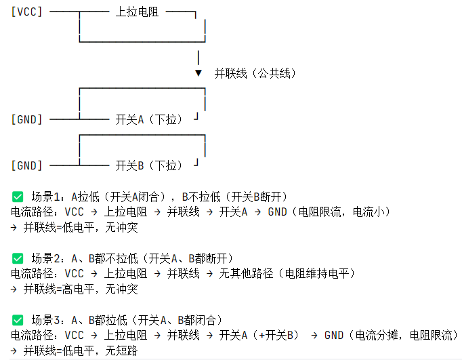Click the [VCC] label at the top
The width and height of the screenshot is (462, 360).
[x=27, y=12]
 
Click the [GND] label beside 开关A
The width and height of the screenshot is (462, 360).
[x=27, y=119]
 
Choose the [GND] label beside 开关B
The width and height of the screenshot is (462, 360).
[x=27, y=165]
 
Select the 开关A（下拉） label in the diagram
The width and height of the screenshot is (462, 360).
[x=149, y=119]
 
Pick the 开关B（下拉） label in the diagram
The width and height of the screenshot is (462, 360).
[x=149, y=165]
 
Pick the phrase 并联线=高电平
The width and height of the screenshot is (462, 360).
[x=57, y=289]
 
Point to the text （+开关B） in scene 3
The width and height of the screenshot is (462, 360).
[x=276, y=335]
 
